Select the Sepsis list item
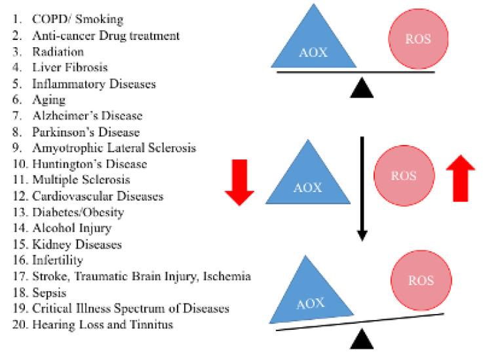pos(49,292)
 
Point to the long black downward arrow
pos(360,190)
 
